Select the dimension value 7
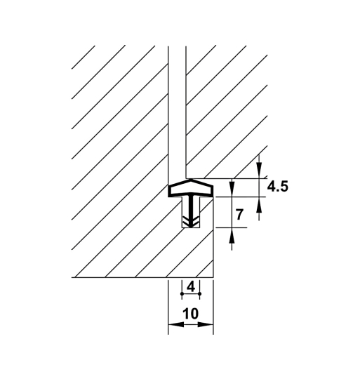[240, 215]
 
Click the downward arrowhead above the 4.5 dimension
[260, 171]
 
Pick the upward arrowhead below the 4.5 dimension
[260, 204]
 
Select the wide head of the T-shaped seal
[189, 187]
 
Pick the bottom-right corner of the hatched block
[213, 277]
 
